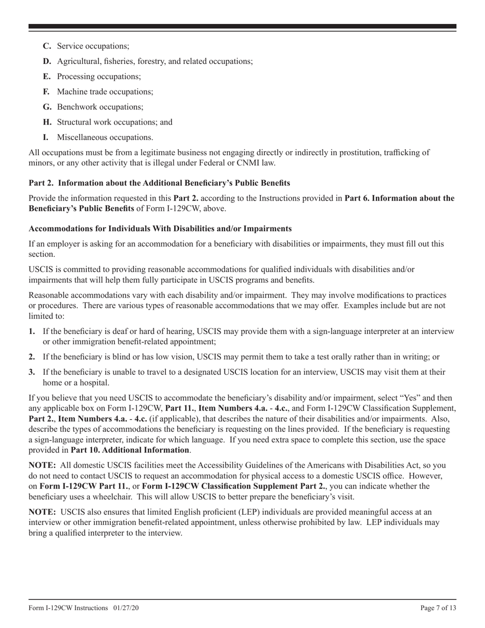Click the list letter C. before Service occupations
click(47, 46)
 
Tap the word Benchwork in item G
click(75, 107)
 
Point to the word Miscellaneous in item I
click(81, 137)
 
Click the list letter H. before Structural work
click(47, 122)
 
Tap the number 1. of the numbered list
click(32, 331)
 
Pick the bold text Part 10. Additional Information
click(130, 450)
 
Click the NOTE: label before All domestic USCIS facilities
click(42, 465)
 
